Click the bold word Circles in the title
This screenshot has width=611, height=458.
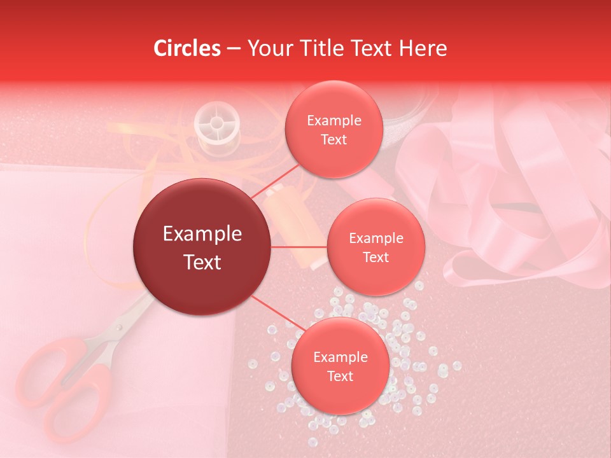186,48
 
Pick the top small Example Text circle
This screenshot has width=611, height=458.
334,129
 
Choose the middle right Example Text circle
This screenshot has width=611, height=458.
376,247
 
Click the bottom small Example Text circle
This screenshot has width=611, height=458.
340,366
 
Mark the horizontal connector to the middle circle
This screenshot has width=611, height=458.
299,247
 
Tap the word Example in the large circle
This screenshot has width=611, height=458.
202,234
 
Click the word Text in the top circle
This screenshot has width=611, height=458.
334,139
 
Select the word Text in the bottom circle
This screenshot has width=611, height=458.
340,376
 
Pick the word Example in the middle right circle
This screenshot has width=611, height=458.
376,238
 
